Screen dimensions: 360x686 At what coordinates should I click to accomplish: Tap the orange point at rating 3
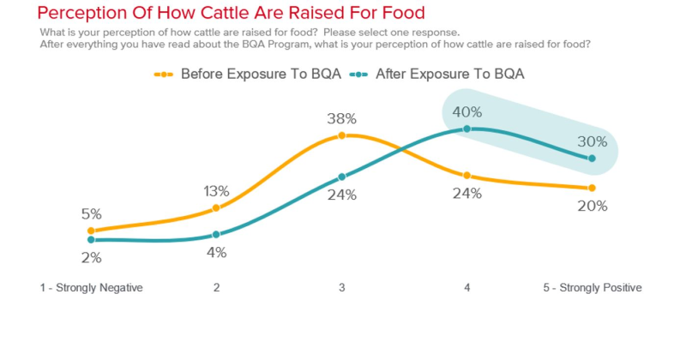341,135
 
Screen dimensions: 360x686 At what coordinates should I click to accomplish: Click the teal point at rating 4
467,129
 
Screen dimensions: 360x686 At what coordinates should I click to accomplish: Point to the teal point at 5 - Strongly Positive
593,158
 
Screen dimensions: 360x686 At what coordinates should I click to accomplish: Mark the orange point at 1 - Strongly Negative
91,231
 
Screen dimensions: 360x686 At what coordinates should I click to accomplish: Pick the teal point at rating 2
216,234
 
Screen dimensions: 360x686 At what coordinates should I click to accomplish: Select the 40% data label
467,112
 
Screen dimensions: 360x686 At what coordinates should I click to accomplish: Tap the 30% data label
592,141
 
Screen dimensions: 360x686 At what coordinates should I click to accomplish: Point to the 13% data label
216,191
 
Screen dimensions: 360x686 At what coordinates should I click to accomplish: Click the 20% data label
592,206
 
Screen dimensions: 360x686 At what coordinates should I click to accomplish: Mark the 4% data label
216,252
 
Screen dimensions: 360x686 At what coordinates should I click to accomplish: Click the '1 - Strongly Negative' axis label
91,288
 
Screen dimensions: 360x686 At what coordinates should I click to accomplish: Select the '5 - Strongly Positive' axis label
592,288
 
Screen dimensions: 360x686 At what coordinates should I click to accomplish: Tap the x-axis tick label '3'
341,288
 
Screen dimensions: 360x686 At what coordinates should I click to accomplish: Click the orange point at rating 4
467,176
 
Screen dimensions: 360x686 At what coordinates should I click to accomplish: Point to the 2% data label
91,257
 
